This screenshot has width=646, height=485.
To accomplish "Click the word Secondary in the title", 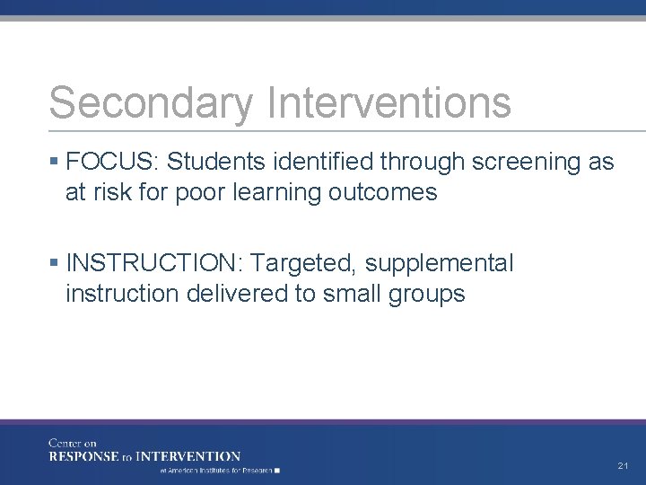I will tap(151, 102).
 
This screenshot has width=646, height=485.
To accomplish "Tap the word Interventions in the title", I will tap(388, 102).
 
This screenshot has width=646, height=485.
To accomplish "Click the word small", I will tap(350, 294).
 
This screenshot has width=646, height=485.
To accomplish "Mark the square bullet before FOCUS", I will tap(56, 163).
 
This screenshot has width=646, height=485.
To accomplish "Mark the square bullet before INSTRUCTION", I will tap(56, 264).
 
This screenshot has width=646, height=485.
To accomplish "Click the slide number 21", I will tap(623, 465).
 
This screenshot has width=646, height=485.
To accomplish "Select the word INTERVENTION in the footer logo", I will tap(196, 456).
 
